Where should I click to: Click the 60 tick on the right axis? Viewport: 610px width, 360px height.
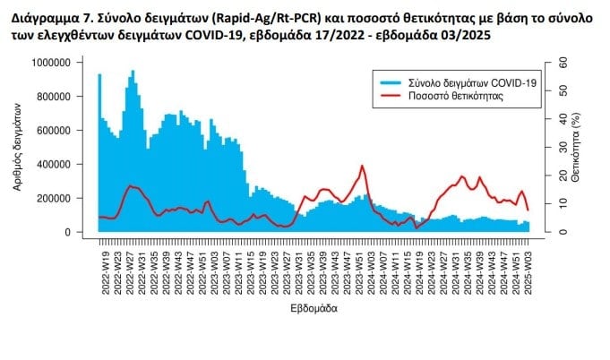pyautogui.click(x=563, y=63)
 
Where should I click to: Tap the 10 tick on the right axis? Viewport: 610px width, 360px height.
pyautogui.click(x=563, y=204)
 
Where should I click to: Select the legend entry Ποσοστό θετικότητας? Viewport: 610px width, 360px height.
pyautogui.click(x=454, y=95)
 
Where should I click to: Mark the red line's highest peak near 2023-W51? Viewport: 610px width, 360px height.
pyautogui.click(x=362, y=166)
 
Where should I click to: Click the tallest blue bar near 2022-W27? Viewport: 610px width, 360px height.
pyautogui.click(x=133, y=71)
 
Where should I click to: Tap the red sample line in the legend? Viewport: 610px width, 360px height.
pyautogui.click(x=391, y=95)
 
